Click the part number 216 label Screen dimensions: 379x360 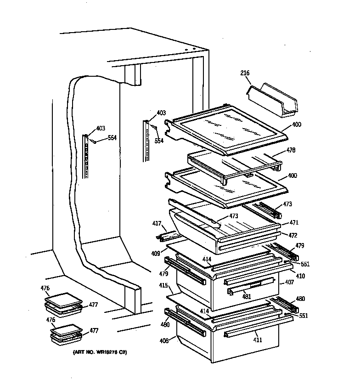point(245,73)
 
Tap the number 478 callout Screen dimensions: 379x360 point(291,150)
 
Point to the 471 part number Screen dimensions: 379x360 point(293,223)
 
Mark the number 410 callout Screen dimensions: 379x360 point(300,276)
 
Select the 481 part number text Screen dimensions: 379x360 point(247,296)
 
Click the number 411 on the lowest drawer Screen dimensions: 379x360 point(258,340)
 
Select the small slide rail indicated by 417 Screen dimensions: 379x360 point(168,236)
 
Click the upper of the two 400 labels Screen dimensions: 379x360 point(296,125)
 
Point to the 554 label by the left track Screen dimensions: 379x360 point(112,137)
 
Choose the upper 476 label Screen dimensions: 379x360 point(45,288)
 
